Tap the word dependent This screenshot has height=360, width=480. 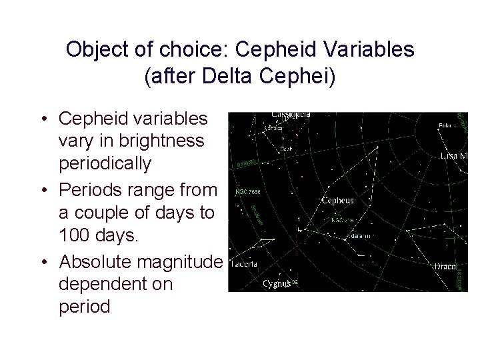point(115,284)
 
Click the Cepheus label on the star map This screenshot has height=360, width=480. point(337,200)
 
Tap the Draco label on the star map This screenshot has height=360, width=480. point(444,266)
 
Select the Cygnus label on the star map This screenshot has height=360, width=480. point(276,283)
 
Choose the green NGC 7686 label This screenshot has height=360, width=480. point(247,192)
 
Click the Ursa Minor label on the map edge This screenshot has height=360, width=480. point(455,155)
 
